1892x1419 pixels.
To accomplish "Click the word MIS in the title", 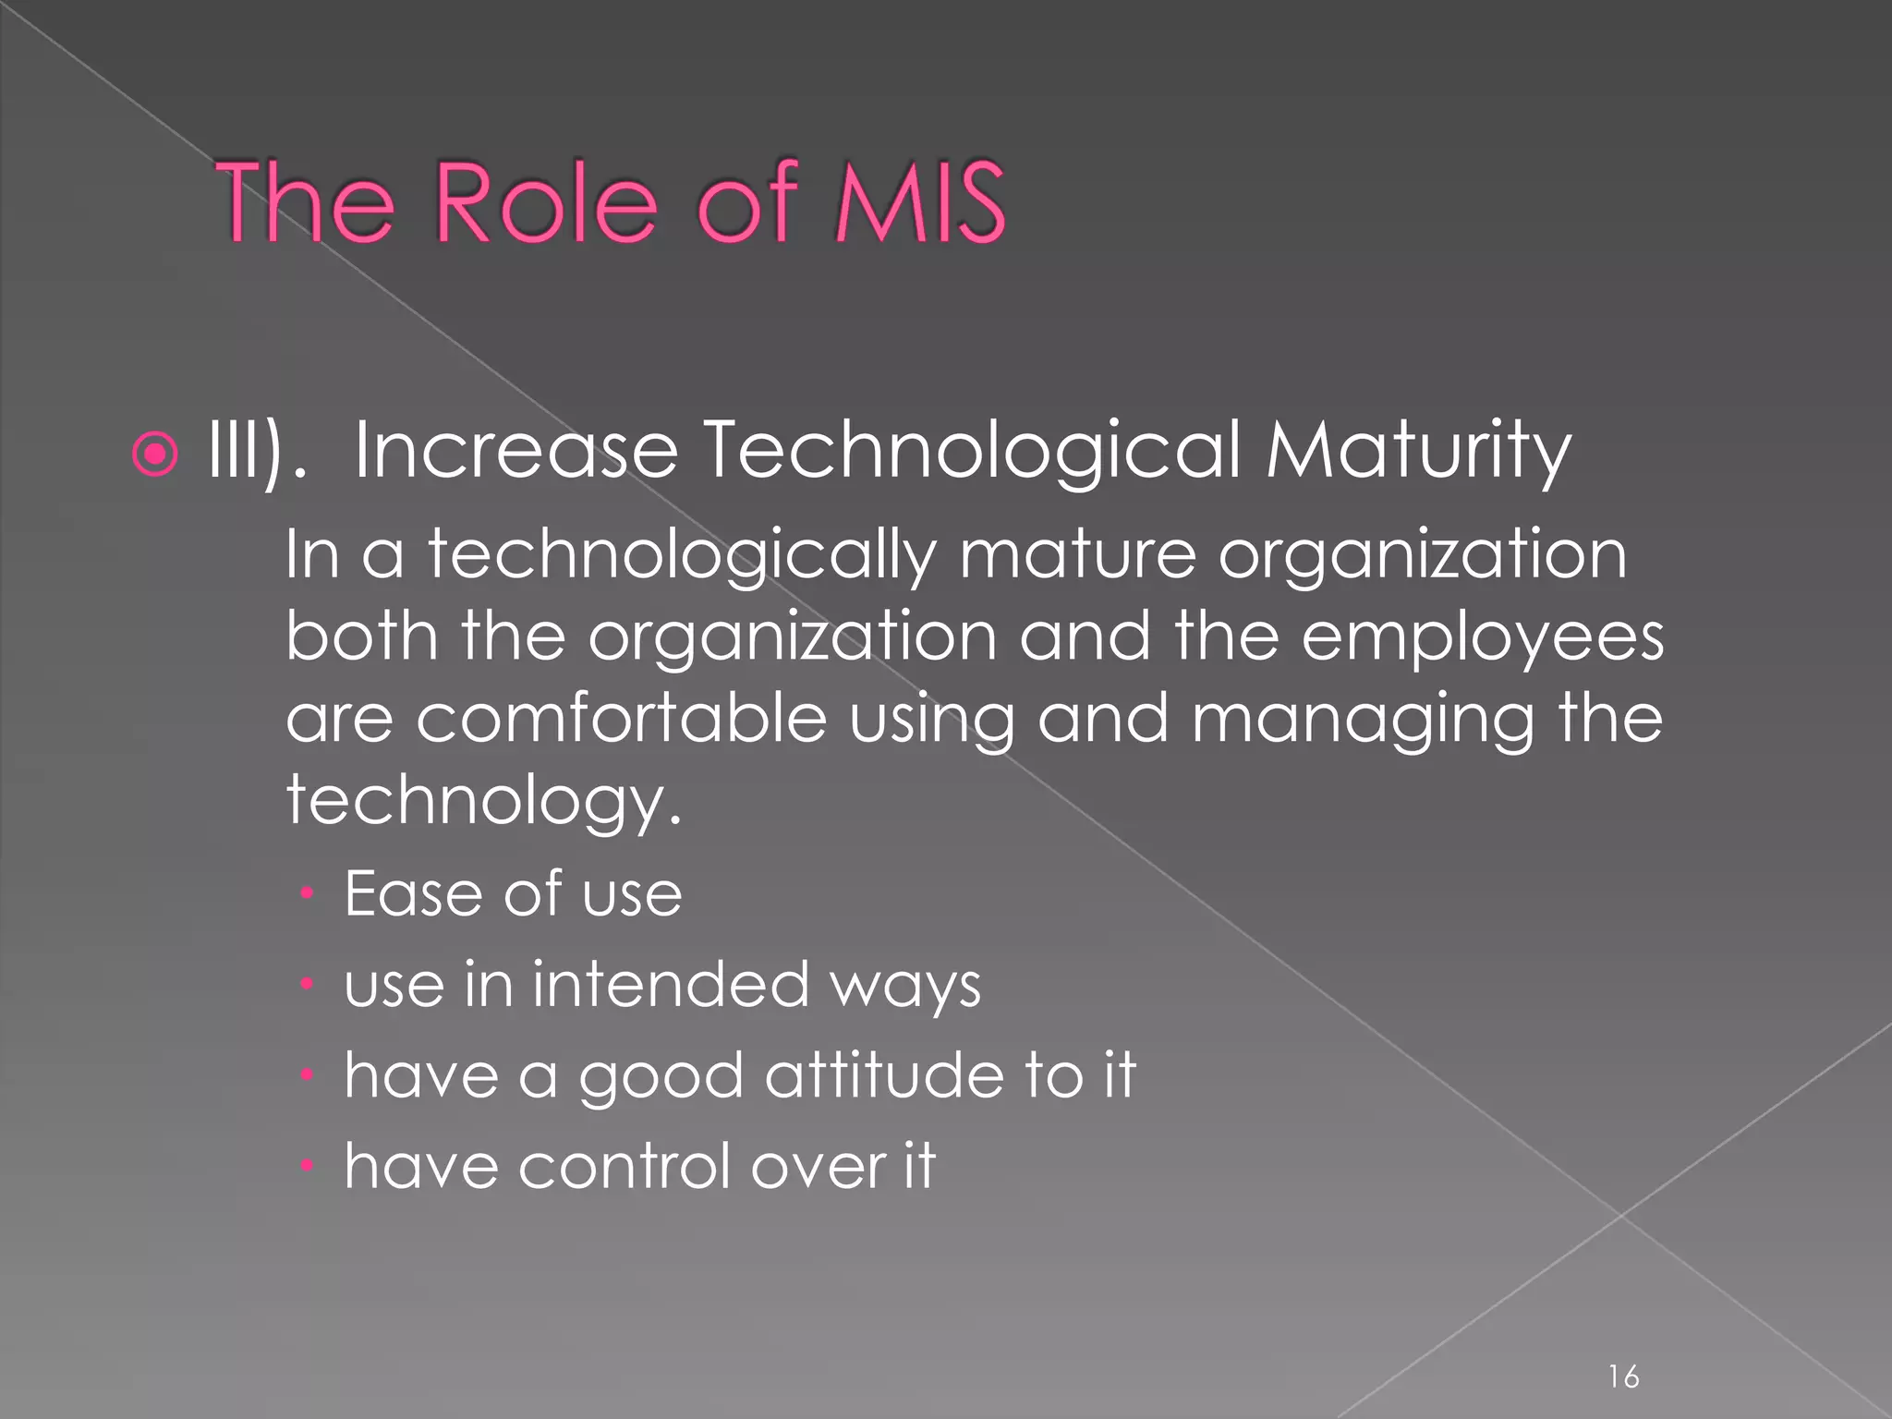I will [918, 202].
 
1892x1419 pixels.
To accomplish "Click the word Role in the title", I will [545, 202].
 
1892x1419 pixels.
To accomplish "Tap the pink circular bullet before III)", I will [155, 454].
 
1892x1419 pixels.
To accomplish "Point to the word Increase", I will [516, 450].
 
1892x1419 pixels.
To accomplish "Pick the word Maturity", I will [1418, 452].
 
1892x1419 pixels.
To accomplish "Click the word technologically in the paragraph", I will [682, 557].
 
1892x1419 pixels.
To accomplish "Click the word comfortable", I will [621, 719].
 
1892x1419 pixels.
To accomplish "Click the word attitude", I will [885, 1075].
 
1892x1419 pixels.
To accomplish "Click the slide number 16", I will [1623, 1377].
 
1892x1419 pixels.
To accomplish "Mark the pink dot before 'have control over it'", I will [309, 1166].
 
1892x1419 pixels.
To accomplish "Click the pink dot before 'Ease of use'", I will [309, 894].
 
